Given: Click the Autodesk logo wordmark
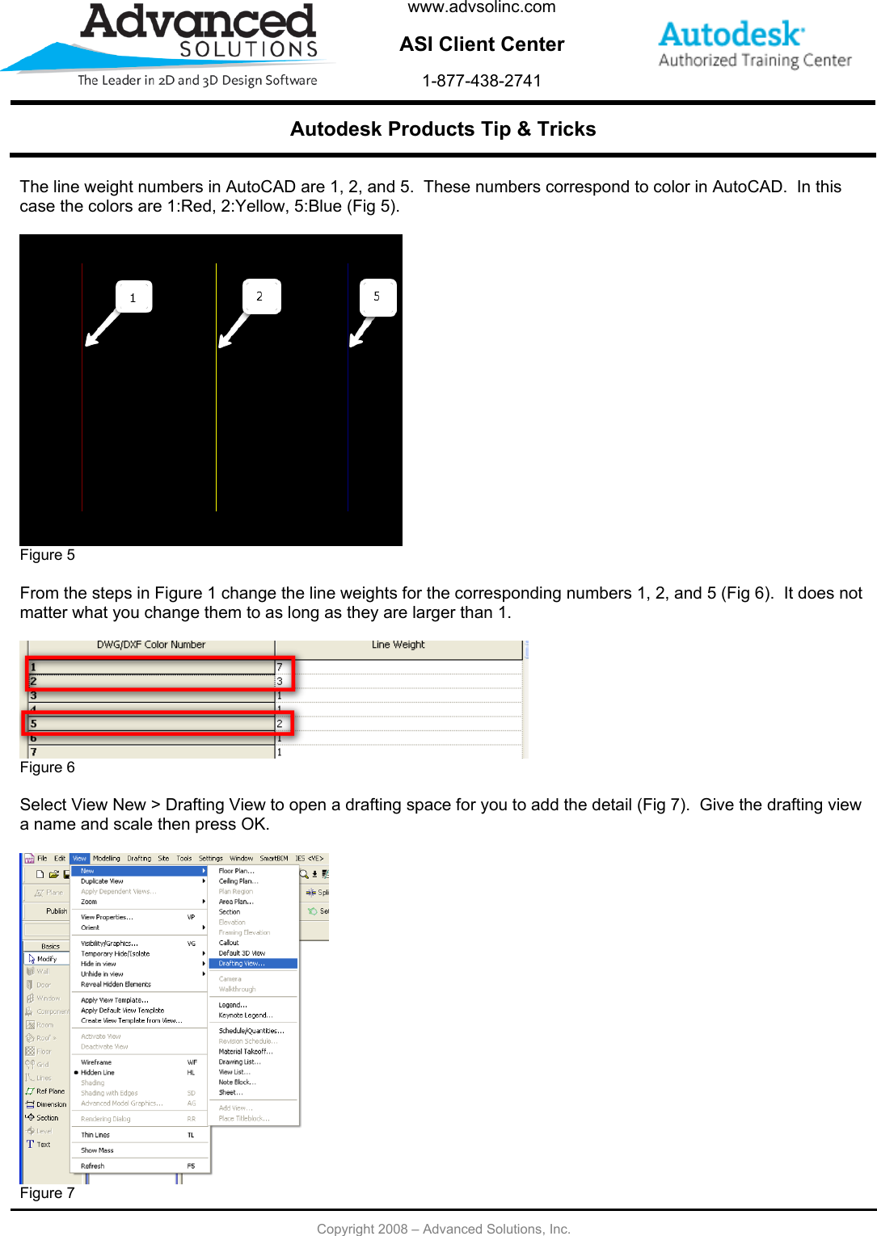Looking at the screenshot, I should (731, 35).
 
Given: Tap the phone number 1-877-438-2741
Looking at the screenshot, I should (482, 81).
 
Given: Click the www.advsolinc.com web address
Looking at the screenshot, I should (482, 8).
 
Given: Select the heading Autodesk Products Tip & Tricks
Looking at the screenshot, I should (443, 129).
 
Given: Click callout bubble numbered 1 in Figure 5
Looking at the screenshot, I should (133, 297).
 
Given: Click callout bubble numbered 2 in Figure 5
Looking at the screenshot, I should (260, 296).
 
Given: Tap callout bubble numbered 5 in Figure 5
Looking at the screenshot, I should (377, 296).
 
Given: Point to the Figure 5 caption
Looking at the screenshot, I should (48, 555).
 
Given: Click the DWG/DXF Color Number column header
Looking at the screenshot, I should (151, 645).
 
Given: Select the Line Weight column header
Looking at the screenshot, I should (398, 645).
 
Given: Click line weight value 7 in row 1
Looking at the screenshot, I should (280, 667).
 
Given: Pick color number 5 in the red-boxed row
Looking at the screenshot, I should (34, 724).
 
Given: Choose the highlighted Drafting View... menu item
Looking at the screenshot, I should (242, 964).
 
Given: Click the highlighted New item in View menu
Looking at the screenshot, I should (88, 871).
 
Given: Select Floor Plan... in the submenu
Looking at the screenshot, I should (236, 871).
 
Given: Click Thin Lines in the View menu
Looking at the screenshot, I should (95, 1135).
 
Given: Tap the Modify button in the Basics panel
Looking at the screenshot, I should (46, 959).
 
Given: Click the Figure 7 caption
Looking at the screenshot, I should (48, 1193).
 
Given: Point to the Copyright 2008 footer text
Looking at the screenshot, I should (443, 1229).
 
